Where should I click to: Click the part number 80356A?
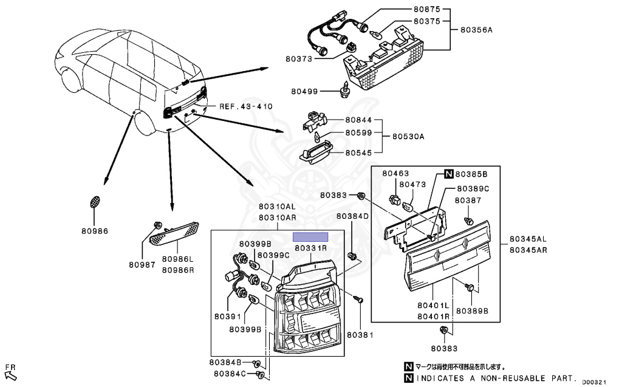click(x=476, y=30)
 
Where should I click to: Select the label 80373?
click(x=299, y=59)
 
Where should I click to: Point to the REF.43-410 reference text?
click(x=246, y=106)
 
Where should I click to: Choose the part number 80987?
click(x=142, y=264)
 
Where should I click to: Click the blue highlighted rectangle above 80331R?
click(x=310, y=237)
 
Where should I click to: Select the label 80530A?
click(x=408, y=137)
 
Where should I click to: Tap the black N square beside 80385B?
click(x=449, y=174)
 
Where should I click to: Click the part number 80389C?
click(x=473, y=189)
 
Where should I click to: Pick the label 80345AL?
click(x=528, y=239)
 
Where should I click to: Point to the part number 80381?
click(x=360, y=335)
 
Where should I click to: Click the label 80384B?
click(x=225, y=362)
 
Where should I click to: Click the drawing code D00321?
click(x=594, y=382)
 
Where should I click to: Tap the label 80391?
click(x=228, y=317)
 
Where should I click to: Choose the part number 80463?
click(x=395, y=174)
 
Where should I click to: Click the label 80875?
click(x=427, y=10)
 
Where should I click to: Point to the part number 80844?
click(x=358, y=120)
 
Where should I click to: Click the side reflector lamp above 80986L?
click(x=174, y=233)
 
